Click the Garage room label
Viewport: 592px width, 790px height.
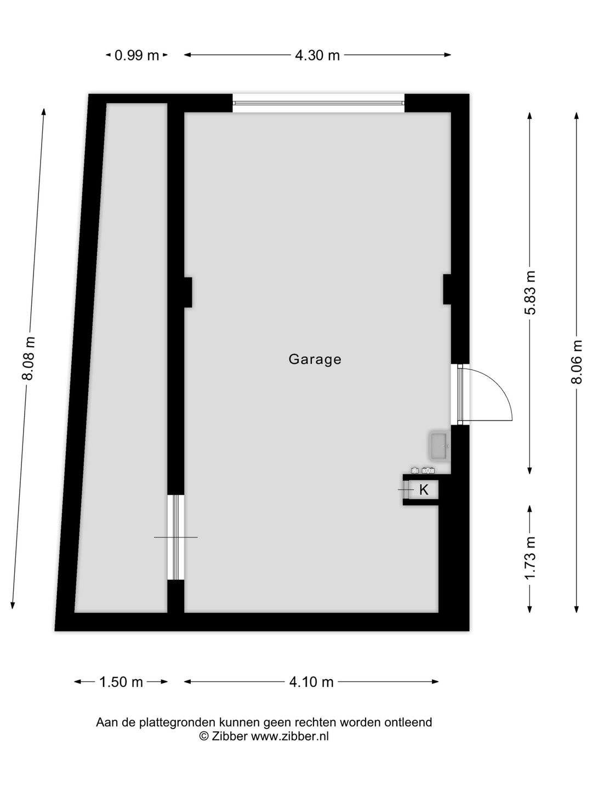coord(315,359)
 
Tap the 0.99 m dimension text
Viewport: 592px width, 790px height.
coord(136,55)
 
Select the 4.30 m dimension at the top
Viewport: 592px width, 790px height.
coord(317,55)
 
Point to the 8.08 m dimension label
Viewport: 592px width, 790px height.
coord(29,358)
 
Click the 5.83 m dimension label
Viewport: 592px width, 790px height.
coord(530,292)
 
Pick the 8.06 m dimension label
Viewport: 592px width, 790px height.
coord(577,362)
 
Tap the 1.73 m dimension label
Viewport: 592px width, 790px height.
coord(530,557)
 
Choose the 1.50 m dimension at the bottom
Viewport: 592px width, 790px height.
coord(121,682)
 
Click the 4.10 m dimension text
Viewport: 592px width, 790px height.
coord(311,682)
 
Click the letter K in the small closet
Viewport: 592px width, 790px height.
coord(424,490)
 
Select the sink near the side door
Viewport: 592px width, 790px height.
coord(439,446)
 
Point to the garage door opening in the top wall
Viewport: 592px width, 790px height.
coord(318,103)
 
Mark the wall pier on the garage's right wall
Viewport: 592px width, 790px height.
coord(447,289)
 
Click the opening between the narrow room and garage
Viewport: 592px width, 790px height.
coord(175,537)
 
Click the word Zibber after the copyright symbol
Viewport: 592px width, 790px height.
coord(230,737)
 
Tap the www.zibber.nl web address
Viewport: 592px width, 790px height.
coord(290,737)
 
